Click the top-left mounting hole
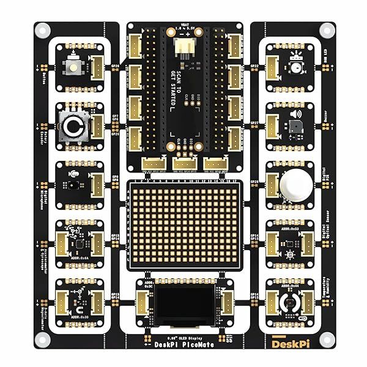42,29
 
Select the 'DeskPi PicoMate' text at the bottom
183,344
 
